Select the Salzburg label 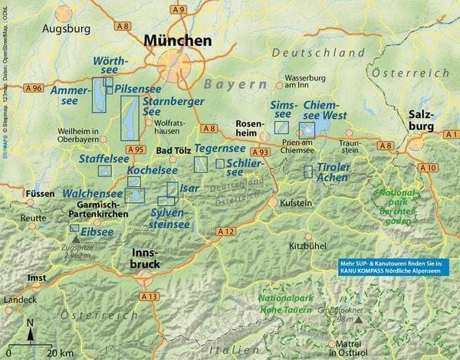[x=424, y=118]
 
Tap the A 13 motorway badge [x=148, y=296]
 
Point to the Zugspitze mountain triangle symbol [x=75, y=240]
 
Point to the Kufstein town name [x=295, y=203]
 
